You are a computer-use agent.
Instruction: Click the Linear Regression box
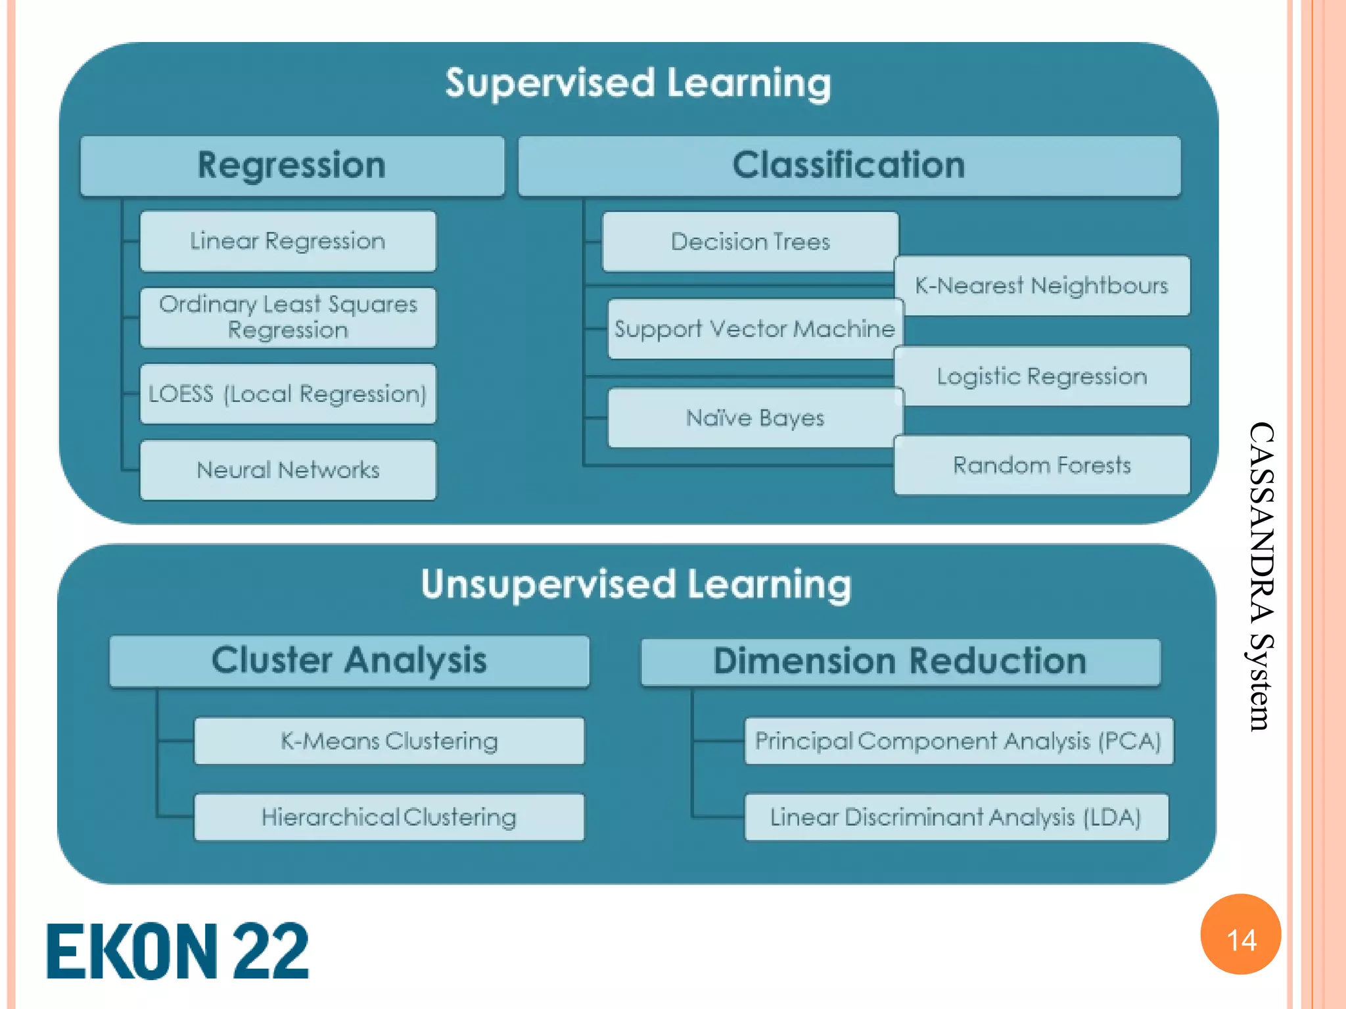(x=288, y=241)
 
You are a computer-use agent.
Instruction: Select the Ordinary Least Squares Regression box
(x=288, y=317)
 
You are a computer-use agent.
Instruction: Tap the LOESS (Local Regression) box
(x=288, y=393)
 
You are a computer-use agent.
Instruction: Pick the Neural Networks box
(x=288, y=470)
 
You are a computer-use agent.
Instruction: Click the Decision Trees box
(x=750, y=241)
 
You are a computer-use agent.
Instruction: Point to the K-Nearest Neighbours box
(x=1042, y=286)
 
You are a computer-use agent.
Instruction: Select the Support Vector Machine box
(x=754, y=328)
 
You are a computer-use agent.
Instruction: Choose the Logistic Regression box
(x=1042, y=376)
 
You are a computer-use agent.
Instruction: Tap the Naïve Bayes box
(x=754, y=418)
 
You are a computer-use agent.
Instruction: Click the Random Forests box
(x=1042, y=465)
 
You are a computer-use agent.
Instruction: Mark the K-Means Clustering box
(x=389, y=741)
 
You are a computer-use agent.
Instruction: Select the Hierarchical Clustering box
(x=389, y=817)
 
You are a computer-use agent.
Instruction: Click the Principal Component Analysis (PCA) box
(x=958, y=741)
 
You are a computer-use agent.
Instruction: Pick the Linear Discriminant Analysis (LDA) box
(x=956, y=817)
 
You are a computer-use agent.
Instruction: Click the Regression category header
(x=292, y=166)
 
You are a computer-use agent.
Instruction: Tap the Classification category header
(x=848, y=166)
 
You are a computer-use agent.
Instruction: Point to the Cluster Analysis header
(x=349, y=661)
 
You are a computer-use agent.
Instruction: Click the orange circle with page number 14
(x=1241, y=934)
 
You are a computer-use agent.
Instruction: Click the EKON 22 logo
(x=177, y=951)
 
